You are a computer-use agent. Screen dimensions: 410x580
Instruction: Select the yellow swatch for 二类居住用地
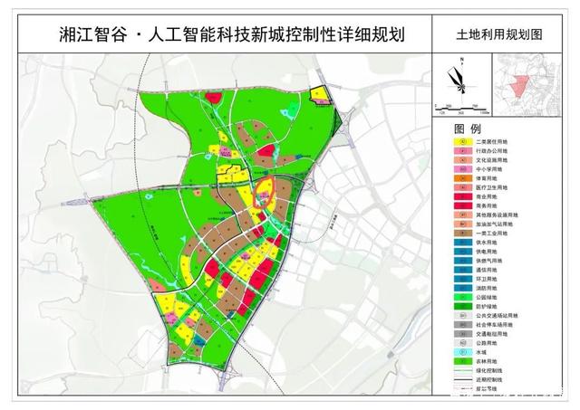(x=463, y=143)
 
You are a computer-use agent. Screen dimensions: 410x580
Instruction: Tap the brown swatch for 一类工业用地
(x=463, y=233)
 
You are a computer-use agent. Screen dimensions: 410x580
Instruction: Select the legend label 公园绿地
(x=495, y=295)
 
